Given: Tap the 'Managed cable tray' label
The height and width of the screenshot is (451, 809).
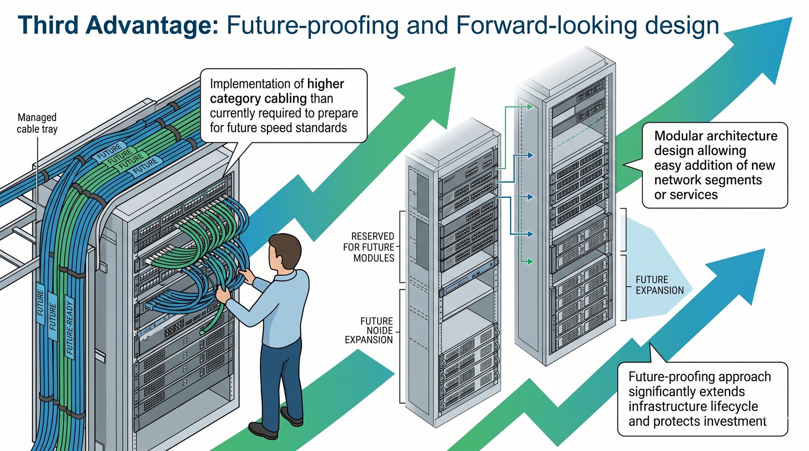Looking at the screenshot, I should (x=37, y=123).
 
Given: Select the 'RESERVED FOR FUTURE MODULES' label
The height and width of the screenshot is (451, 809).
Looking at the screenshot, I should (x=373, y=247).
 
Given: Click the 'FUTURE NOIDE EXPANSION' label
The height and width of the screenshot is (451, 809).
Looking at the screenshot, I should (x=369, y=330).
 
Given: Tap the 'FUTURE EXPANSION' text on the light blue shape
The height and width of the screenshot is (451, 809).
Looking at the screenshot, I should (x=659, y=285).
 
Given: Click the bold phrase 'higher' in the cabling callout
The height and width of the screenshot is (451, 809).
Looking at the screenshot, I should (x=326, y=84).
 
